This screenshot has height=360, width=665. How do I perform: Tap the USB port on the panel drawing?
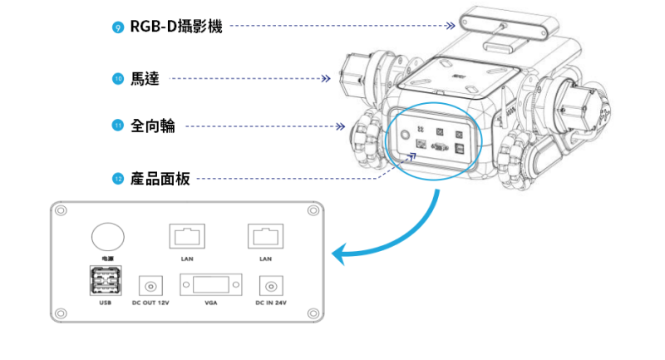point(104,281)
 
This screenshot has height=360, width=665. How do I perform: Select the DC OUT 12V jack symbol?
point(150,286)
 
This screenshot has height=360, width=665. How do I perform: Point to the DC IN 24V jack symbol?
point(270,286)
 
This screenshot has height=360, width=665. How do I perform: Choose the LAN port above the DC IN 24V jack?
point(266,236)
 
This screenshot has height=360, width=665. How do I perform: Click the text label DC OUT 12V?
point(150,303)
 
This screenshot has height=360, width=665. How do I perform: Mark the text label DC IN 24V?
point(270,303)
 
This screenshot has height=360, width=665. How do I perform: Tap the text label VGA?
point(210,303)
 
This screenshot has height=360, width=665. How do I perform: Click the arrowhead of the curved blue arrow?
point(337,254)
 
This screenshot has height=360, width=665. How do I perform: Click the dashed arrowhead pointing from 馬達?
point(326,79)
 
